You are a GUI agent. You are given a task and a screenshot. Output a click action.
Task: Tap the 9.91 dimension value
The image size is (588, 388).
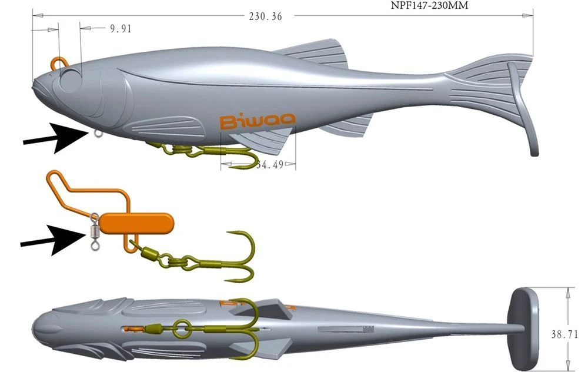(120, 28)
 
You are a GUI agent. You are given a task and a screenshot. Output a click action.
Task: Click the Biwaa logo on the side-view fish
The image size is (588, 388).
(258, 122)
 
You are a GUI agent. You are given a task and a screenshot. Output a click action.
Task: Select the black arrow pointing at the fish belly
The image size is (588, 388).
(54, 136)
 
